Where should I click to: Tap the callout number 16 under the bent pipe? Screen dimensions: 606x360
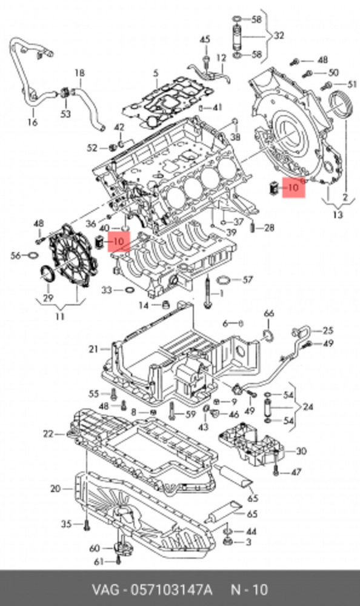(x=32, y=123)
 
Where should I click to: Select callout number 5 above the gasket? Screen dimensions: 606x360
(x=156, y=75)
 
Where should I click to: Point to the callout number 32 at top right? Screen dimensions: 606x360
(x=279, y=36)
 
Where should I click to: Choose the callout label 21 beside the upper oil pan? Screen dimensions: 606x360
(x=93, y=348)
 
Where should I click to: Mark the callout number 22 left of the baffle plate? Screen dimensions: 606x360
(x=48, y=433)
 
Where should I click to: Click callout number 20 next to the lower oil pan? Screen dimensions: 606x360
(x=55, y=488)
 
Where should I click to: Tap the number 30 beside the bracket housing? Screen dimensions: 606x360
(x=301, y=451)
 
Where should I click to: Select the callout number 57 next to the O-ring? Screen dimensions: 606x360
(x=247, y=279)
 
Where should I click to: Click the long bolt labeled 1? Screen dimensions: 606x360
(x=207, y=291)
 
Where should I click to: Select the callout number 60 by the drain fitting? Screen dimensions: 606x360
(x=95, y=548)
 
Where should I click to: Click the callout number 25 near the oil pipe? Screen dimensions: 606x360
(x=328, y=330)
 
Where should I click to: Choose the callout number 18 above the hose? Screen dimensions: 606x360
(x=79, y=74)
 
